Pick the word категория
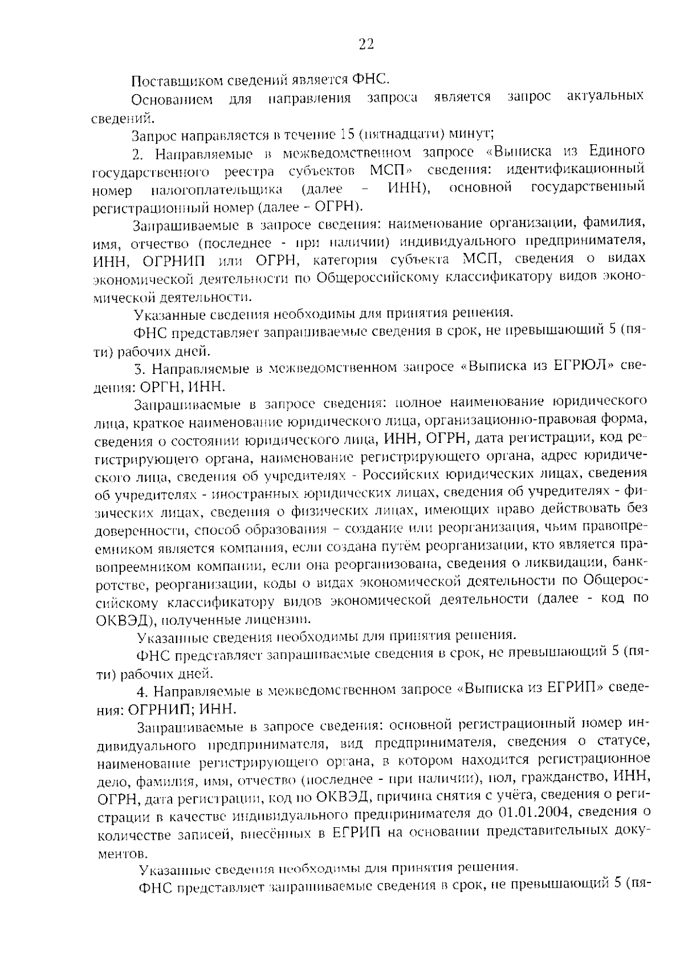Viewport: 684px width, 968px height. click(x=340, y=260)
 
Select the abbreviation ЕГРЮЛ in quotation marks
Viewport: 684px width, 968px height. click(x=578, y=366)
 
